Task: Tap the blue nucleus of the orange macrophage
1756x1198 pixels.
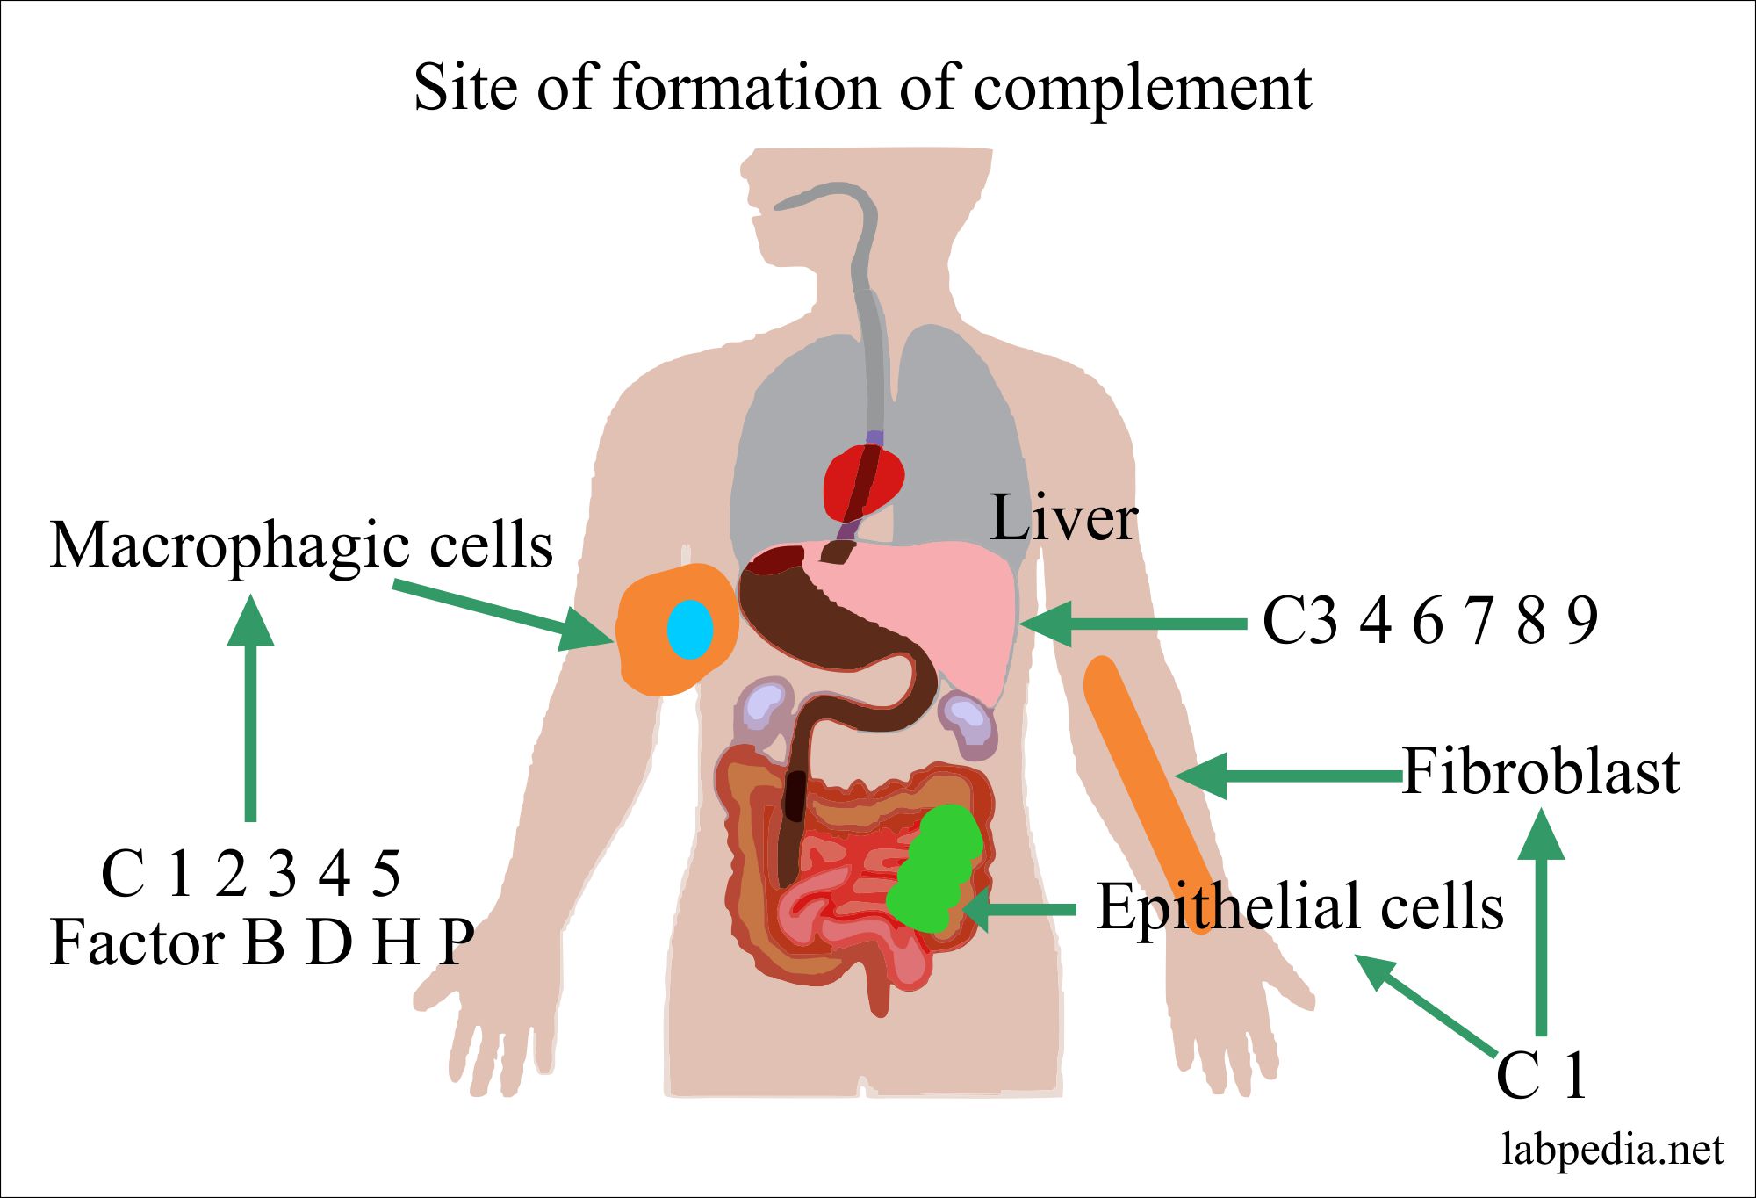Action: coord(689,630)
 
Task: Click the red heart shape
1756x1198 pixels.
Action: coord(862,481)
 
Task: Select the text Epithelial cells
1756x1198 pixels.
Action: coord(1299,907)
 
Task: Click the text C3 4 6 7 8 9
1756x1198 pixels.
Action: coord(1429,620)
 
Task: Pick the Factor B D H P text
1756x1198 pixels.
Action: coord(262,942)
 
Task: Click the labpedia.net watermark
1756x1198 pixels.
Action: coord(1612,1150)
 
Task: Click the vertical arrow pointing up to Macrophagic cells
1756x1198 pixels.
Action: coord(251,711)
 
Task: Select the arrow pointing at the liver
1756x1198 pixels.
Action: coord(1133,624)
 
